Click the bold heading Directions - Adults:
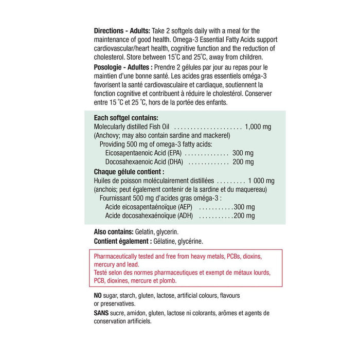click(x=122, y=30)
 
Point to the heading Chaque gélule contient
click(x=129, y=172)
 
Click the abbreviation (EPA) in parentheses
click(x=172, y=153)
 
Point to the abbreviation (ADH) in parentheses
click(x=184, y=216)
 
